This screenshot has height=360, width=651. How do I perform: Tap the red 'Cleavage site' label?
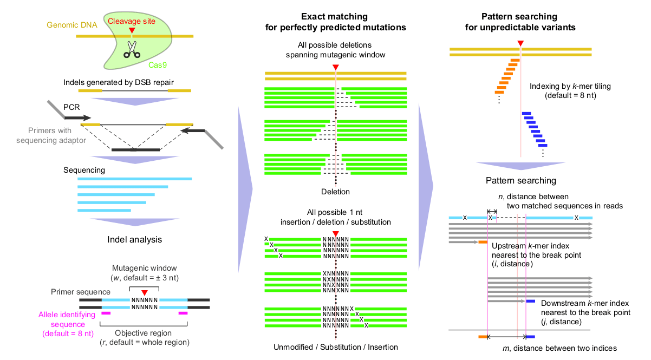(x=132, y=21)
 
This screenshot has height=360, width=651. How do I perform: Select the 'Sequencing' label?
(x=84, y=170)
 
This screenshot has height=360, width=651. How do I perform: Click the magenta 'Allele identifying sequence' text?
(x=67, y=324)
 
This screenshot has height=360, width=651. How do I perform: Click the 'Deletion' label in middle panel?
(x=336, y=192)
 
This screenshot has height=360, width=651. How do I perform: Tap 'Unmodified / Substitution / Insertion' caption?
(x=336, y=347)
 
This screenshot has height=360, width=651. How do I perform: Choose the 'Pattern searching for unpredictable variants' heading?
(x=520, y=21)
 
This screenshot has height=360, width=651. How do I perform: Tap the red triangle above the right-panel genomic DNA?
(x=520, y=43)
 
